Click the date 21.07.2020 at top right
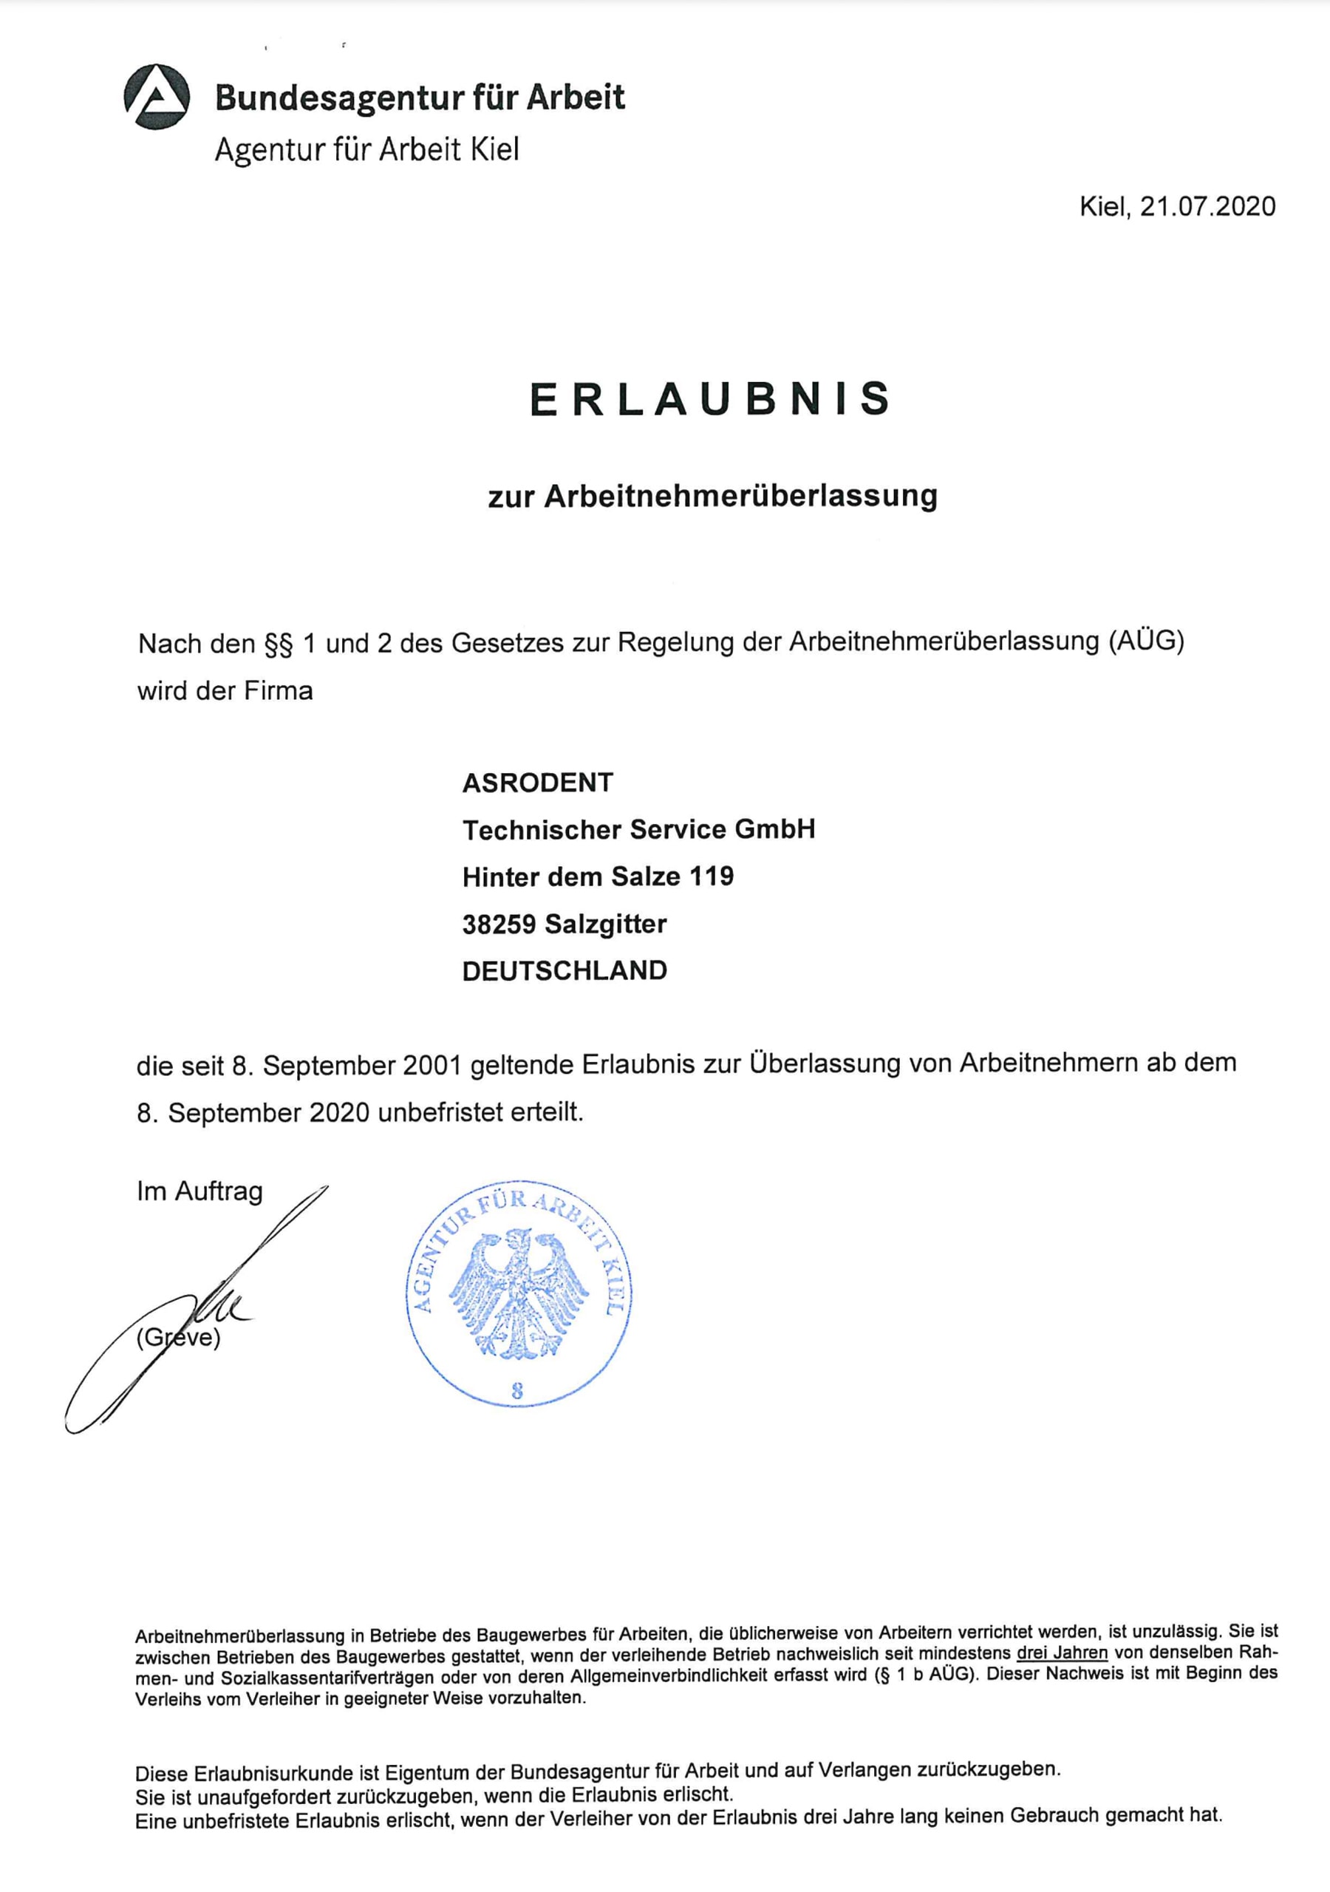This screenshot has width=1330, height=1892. (x=1207, y=206)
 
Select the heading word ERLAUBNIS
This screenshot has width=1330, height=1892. (x=709, y=399)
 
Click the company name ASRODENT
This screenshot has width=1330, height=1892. (x=537, y=782)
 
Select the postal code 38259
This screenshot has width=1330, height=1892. (x=499, y=924)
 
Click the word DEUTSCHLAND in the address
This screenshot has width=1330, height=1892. (x=565, y=970)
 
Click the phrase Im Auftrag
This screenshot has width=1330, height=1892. (x=199, y=1191)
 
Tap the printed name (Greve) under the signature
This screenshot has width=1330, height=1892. (x=179, y=1337)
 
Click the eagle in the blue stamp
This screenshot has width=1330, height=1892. (x=519, y=1293)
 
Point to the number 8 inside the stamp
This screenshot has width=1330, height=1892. (x=516, y=1392)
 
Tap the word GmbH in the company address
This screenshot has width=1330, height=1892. (x=774, y=829)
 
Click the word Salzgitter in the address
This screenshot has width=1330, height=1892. (x=605, y=924)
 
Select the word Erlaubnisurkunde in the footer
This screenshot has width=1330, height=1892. (x=285, y=1772)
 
